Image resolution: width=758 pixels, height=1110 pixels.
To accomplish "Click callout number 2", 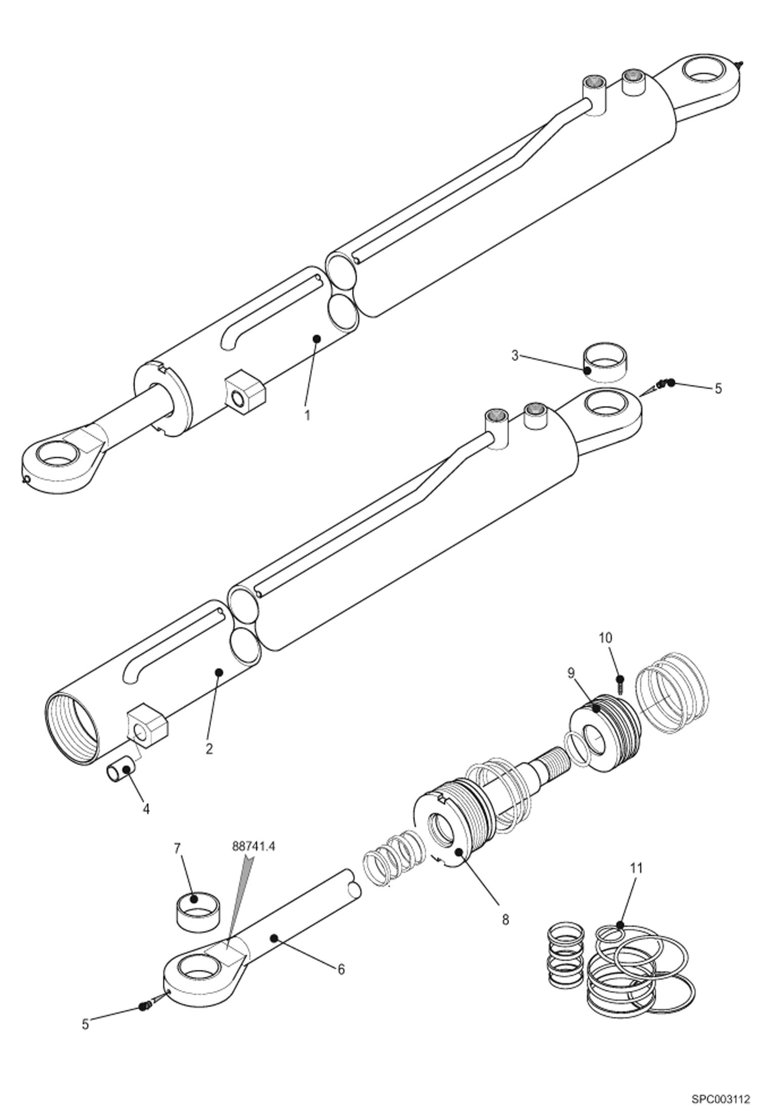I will tap(209, 748).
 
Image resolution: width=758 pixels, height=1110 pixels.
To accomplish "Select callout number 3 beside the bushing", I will tap(515, 356).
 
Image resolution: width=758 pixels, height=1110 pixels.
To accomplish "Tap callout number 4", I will tap(146, 809).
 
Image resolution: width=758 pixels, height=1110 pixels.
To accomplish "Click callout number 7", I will tap(177, 848).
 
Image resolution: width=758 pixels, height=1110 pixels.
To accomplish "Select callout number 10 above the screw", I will tap(606, 638).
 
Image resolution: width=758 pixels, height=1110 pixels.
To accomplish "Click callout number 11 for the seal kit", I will tap(637, 868).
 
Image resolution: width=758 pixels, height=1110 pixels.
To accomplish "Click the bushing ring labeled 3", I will tap(606, 362).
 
